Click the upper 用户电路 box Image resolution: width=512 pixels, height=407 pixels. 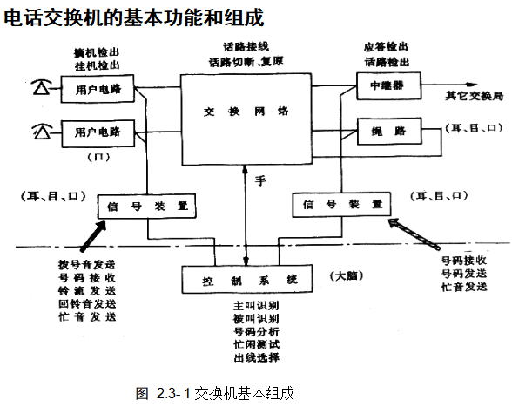point(98,87)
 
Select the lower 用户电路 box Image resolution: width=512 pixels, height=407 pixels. point(98,132)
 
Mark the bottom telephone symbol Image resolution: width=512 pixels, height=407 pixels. point(40,132)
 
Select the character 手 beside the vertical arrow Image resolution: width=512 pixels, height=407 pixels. point(259,181)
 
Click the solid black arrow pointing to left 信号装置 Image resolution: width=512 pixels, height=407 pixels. point(90,234)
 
